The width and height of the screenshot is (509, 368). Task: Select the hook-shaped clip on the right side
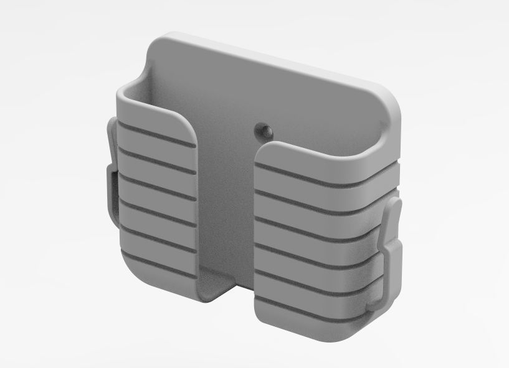(392, 249)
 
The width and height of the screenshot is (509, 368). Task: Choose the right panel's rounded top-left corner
(264, 151)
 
